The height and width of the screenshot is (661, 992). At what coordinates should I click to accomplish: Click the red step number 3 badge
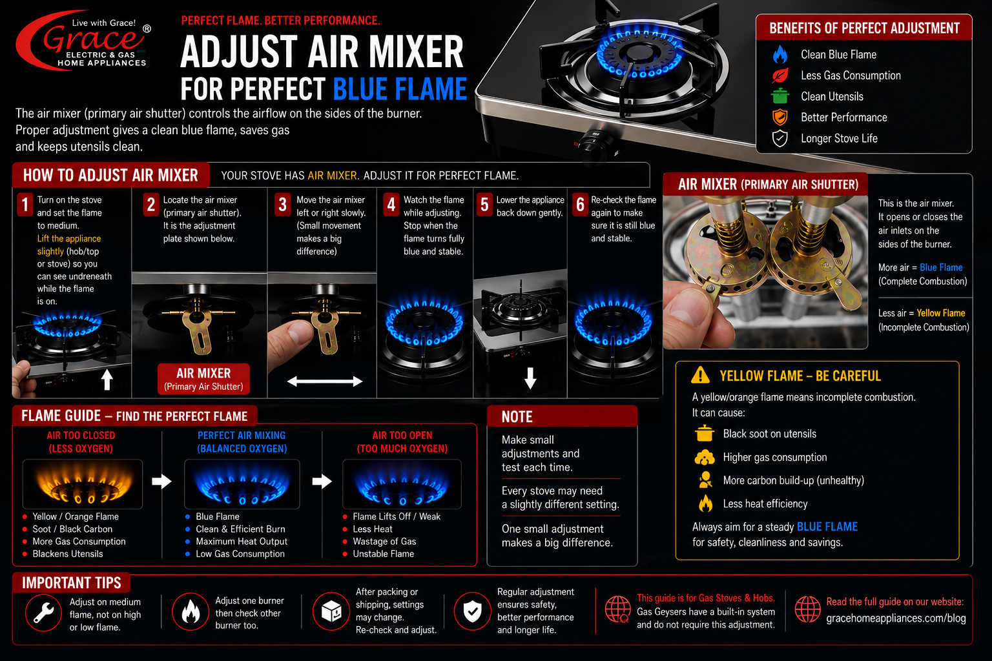click(282, 205)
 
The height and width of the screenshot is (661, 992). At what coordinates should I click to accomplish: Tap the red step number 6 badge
click(580, 205)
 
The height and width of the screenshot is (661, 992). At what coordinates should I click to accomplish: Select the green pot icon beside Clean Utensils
click(780, 96)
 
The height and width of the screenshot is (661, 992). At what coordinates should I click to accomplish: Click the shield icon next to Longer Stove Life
click(780, 138)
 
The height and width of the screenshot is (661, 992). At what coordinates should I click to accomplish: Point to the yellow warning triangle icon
click(700, 375)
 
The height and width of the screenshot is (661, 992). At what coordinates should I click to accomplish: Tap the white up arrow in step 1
click(107, 380)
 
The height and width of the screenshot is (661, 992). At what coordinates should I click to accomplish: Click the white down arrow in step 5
click(530, 378)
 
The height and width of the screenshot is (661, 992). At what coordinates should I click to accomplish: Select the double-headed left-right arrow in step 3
click(325, 381)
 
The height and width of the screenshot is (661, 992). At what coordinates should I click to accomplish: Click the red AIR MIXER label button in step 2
click(203, 379)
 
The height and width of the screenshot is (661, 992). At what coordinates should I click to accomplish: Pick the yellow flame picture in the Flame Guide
click(83, 484)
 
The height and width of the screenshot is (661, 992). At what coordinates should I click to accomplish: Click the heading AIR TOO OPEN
click(402, 436)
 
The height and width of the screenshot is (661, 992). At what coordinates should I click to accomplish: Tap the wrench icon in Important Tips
click(43, 613)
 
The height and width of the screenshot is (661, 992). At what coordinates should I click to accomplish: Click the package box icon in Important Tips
click(331, 611)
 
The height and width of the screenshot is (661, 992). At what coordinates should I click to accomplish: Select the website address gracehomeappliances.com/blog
click(896, 618)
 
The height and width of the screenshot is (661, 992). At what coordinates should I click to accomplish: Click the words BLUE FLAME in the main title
click(400, 89)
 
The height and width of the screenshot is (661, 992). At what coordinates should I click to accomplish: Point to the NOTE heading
click(517, 416)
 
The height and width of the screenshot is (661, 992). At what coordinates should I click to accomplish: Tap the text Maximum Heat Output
click(242, 542)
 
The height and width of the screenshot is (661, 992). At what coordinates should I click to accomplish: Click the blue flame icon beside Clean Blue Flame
click(780, 54)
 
